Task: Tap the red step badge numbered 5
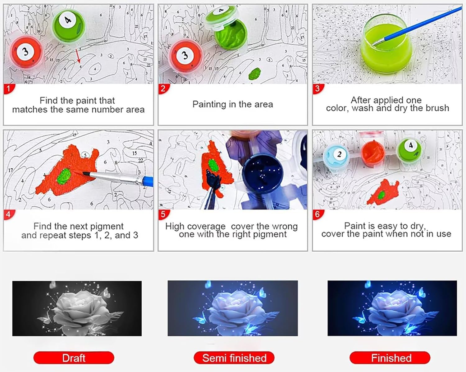[163, 215]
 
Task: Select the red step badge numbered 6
[318, 214]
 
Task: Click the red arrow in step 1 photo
[78, 56]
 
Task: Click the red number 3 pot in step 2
[185, 56]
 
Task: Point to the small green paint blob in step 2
[255, 74]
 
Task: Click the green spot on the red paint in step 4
[64, 176]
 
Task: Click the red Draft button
[74, 358]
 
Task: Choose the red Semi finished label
[234, 358]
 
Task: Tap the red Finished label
[390, 358]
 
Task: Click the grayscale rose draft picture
[77, 308]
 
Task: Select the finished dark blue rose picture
[392, 308]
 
